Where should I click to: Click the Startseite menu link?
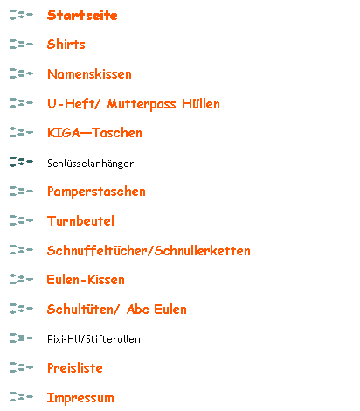point(82,15)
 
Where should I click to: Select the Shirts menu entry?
point(66,45)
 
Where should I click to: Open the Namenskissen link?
point(89,74)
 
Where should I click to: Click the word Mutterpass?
point(142,104)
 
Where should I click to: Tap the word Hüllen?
point(201,104)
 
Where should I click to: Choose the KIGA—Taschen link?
point(94,133)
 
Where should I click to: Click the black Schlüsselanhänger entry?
point(91,164)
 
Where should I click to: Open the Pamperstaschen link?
point(96,192)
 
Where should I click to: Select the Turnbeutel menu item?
point(80,220)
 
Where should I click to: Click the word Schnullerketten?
point(203,250)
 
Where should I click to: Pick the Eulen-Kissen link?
point(86,280)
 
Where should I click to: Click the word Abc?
point(138,309)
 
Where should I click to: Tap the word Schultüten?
point(83,309)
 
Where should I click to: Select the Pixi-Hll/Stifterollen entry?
point(93,339)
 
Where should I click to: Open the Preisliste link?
point(75,368)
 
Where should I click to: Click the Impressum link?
point(80,398)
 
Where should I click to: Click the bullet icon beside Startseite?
point(21,15)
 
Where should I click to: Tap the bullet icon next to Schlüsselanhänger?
point(21,162)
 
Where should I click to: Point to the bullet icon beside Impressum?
point(21,397)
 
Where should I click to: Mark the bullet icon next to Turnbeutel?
point(21,220)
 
